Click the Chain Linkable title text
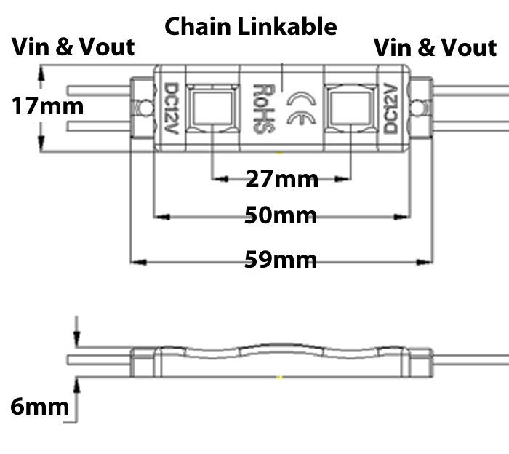click(x=251, y=27)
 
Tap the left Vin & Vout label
click(x=73, y=47)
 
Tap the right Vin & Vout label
click(x=435, y=48)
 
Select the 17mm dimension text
click(x=47, y=106)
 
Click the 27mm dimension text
click(x=281, y=178)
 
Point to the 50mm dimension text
click(x=281, y=216)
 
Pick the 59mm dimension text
click(x=281, y=260)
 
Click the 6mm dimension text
click(x=39, y=407)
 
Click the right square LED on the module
click(x=348, y=107)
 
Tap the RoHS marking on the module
click(x=260, y=107)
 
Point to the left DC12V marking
click(x=172, y=108)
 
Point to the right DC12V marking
click(x=390, y=108)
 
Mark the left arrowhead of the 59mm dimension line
click(x=135, y=260)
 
